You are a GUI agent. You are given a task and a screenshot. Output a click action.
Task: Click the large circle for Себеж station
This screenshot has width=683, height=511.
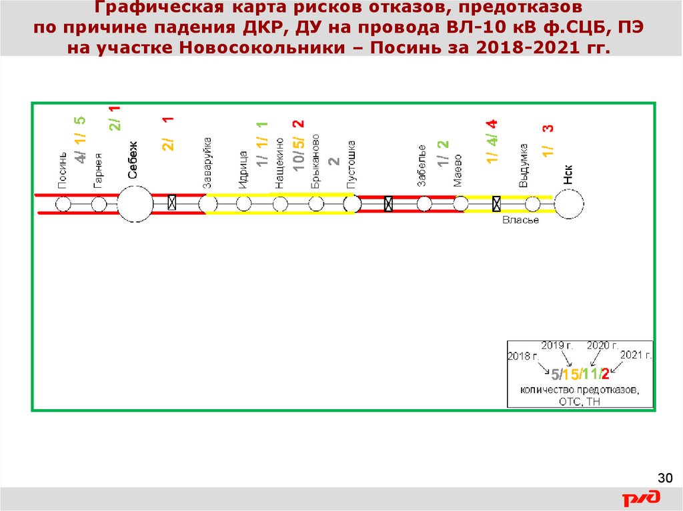(x=135, y=204)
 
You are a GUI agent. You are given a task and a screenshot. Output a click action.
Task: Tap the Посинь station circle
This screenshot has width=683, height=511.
(x=63, y=204)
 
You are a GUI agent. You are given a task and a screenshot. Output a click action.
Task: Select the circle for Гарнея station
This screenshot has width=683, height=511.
(x=99, y=204)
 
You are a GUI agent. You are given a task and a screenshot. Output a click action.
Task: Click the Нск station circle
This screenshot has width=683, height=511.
(x=569, y=204)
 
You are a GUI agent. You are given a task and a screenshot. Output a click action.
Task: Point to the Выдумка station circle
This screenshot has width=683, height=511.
(x=532, y=204)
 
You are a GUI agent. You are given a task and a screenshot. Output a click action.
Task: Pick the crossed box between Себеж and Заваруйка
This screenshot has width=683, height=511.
(x=171, y=203)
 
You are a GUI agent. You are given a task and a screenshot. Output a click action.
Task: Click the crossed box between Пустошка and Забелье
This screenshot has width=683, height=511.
(x=388, y=204)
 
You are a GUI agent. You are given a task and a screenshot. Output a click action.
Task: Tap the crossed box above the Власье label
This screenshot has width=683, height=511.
(x=496, y=204)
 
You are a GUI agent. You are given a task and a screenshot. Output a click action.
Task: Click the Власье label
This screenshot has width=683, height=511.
(x=520, y=221)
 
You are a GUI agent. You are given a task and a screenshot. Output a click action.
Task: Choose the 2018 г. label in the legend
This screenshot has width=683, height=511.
(x=524, y=356)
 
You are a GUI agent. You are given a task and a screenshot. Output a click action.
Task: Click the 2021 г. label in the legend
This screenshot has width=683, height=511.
(x=636, y=355)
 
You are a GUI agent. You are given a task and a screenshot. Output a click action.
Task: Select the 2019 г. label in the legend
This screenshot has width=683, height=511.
(x=557, y=345)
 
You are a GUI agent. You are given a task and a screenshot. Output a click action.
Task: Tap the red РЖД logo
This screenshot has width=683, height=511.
(x=642, y=498)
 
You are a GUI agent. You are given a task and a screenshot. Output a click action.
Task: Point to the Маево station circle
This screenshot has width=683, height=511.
(x=460, y=204)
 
